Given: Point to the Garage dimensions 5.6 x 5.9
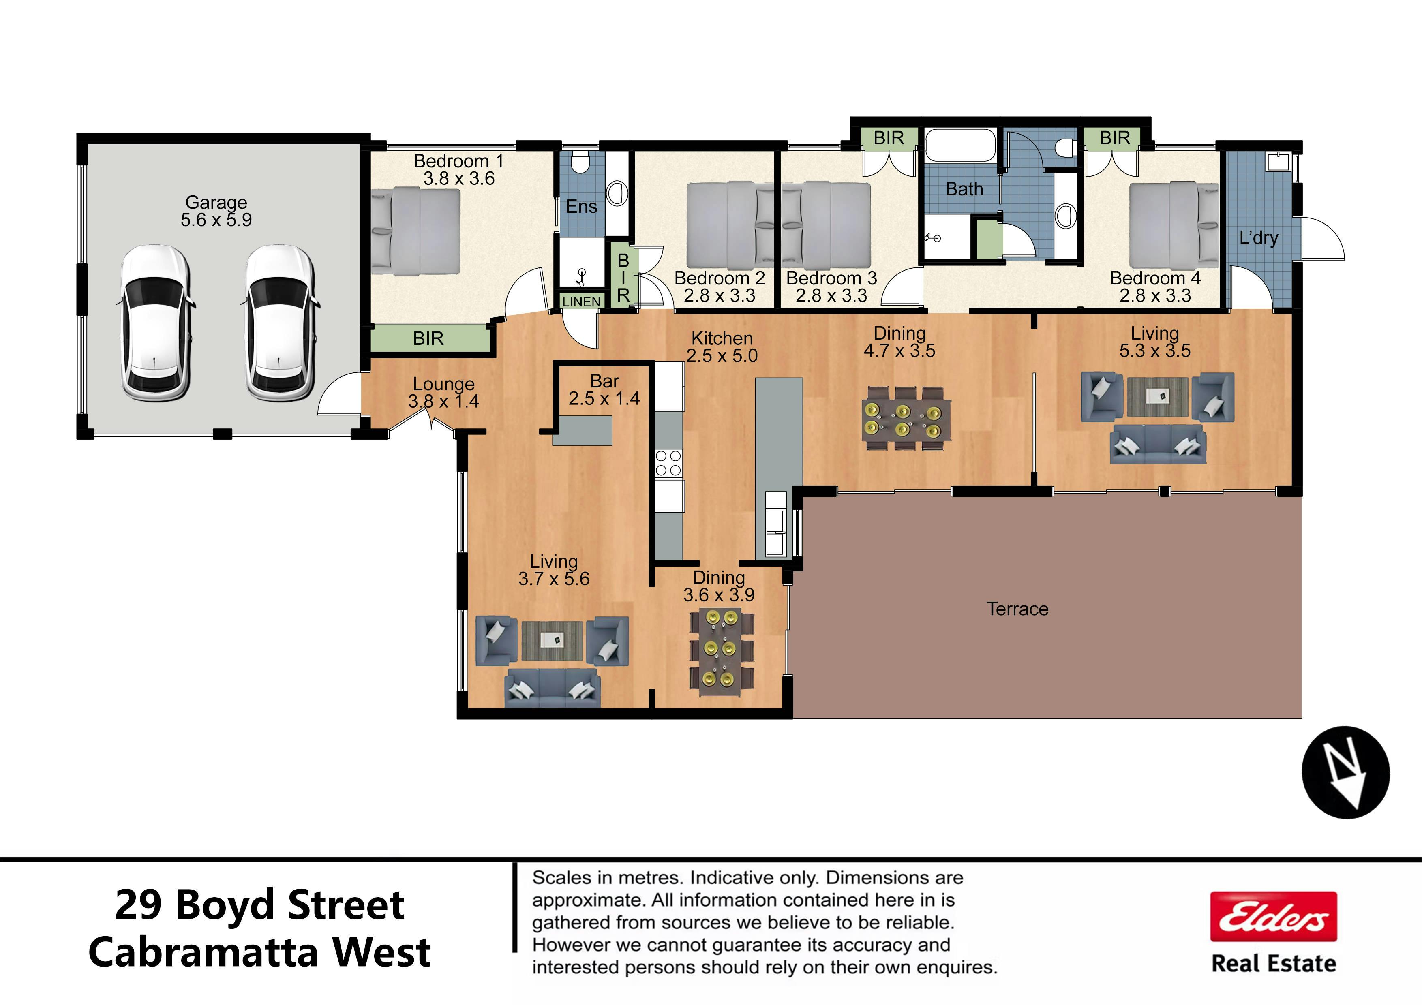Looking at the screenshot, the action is click(216, 220).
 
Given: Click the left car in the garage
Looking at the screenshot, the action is click(155, 322).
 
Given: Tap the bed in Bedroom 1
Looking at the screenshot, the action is click(415, 231).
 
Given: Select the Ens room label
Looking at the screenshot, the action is click(582, 206).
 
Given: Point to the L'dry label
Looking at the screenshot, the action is click(1259, 238).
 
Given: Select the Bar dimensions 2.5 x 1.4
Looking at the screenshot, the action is click(604, 398).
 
